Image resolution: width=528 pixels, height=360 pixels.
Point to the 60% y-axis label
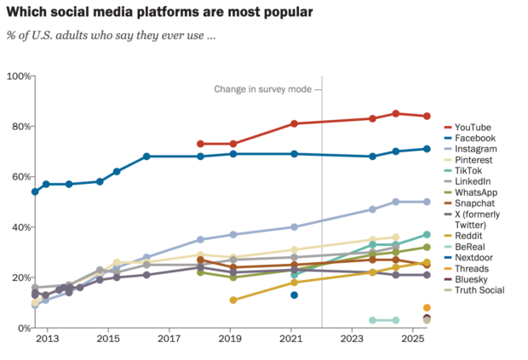click(19, 177)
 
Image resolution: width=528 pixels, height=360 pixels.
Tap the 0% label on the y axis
click(21, 328)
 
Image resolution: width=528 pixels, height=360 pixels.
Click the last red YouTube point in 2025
click(427, 116)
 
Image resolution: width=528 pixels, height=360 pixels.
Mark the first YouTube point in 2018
click(200, 144)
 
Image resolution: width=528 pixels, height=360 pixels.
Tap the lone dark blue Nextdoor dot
click(294, 294)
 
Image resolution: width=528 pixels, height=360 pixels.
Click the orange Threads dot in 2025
click(427, 307)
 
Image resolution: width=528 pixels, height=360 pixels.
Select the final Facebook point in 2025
click(427, 149)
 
